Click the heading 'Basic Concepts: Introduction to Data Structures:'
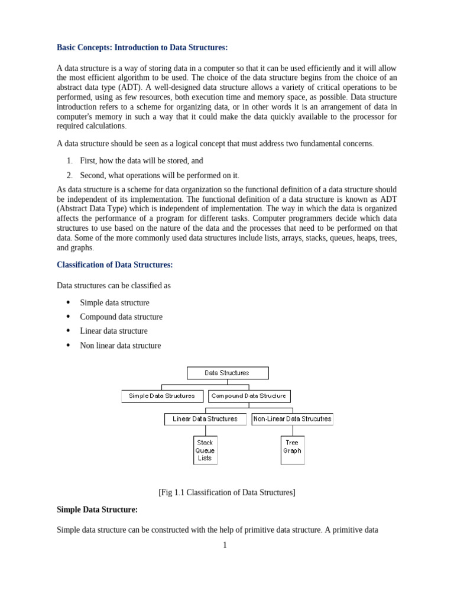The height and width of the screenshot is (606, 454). pyautogui.click(x=142, y=47)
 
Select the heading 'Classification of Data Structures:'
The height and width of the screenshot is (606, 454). pyautogui.click(x=115, y=264)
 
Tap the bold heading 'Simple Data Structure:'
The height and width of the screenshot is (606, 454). pyautogui.click(x=97, y=509)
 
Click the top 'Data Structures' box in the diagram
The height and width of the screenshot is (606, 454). pyautogui.click(x=228, y=373)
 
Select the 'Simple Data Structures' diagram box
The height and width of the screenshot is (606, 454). pyautogui.click(x=161, y=396)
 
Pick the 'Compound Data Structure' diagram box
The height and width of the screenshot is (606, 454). pyautogui.click(x=249, y=396)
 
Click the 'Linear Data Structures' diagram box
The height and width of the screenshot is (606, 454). pyautogui.click(x=205, y=419)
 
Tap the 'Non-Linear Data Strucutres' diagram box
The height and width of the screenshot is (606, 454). pyautogui.click(x=292, y=419)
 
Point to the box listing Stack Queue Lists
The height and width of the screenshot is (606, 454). pyautogui.click(x=205, y=450)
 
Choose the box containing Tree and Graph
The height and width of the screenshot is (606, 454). pyautogui.click(x=292, y=450)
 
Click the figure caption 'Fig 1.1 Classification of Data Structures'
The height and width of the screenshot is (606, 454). pyautogui.click(x=226, y=492)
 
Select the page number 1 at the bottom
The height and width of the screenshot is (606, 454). pyautogui.click(x=225, y=545)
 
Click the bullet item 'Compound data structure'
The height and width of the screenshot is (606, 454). pyautogui.click(x=121, y=317)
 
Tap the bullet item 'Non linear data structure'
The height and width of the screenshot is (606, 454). pyautogui.click(x=120, y=346)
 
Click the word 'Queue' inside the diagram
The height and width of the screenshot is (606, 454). pyautogui.click(x=205, y=450)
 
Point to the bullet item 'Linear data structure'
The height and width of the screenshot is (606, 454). pyautogui.click(x=113, y=331)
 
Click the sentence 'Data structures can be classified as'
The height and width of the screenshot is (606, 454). pyautogui.click(x=113, y=285)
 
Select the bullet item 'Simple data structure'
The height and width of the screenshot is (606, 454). pyautogui.click(x=115, y=302)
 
